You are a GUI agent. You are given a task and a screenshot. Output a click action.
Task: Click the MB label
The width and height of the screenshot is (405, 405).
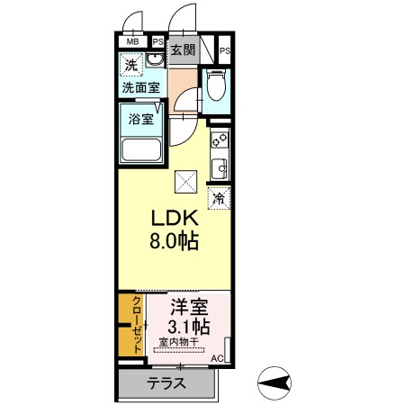click(x=132, y=41)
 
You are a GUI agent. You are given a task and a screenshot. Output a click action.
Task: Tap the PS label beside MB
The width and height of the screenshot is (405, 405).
click(x=157, y=41)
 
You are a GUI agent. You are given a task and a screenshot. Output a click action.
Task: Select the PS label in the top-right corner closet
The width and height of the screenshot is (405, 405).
click(x=224, y=50)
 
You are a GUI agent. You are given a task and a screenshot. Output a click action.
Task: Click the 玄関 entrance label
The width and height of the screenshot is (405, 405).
click(x=183, y=50)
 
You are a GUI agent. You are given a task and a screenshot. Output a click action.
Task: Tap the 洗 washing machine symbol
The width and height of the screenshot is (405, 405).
click(x=131, y=66)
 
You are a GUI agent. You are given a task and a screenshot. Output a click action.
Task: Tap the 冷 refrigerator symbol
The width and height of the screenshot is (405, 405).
click(x=219, y=198)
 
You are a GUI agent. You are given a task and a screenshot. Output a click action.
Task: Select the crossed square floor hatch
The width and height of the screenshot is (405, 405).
click(x=187, y=183)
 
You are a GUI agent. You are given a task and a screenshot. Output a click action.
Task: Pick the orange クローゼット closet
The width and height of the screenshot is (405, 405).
click(x=131, y=324)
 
